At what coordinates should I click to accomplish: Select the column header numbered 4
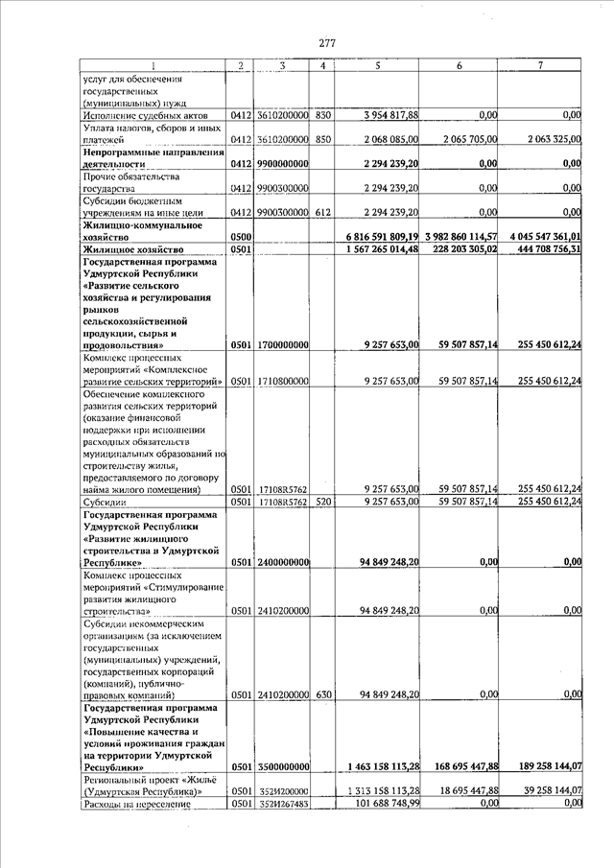click(323, 65)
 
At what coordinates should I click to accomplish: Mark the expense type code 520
click(323, 501)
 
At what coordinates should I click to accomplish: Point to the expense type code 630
click(323, 693)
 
